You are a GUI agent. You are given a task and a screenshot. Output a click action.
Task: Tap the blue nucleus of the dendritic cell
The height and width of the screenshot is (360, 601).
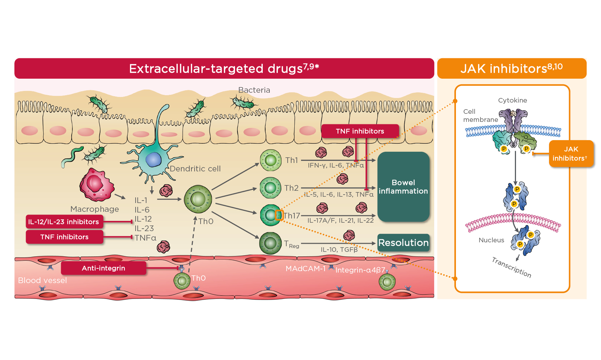(153, 159)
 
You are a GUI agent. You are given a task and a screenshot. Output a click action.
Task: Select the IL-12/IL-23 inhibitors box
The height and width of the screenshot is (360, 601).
(64, 222)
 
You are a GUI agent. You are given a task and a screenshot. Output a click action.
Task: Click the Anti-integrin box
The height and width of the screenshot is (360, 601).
(103, 268)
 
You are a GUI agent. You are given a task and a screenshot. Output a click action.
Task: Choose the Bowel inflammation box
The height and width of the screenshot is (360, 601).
(403, 187)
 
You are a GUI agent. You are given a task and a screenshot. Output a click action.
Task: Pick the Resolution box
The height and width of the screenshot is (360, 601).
(403, 243)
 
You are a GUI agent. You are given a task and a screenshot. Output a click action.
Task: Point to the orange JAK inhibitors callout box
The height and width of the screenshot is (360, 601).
(571, 154)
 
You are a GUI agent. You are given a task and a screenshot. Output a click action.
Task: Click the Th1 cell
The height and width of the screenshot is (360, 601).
(270, 160)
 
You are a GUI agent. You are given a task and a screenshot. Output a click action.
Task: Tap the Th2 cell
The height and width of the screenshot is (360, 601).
(270, 188)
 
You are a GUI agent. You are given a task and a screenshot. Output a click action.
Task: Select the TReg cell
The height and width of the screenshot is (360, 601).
(270, 243)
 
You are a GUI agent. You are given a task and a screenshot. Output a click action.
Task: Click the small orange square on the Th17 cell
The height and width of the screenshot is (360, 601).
(279, 215)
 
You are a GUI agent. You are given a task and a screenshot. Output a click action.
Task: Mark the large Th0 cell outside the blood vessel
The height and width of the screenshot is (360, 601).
(198, 199)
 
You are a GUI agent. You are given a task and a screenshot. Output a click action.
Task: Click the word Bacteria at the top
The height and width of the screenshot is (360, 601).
(254, 90)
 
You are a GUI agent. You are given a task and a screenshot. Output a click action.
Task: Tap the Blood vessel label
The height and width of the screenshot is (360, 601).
(42, 280)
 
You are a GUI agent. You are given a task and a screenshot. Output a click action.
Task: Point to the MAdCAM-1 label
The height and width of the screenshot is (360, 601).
(305, 269)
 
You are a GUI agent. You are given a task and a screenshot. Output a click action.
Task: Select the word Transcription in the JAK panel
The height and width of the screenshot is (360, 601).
(511, 267)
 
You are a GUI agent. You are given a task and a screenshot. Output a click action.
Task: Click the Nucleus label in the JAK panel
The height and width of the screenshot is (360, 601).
(491, 240)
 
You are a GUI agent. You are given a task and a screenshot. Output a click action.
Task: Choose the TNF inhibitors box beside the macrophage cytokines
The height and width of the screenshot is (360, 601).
(64, 237)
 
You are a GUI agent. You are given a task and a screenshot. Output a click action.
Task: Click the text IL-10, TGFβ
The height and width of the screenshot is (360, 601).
(339, 250)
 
